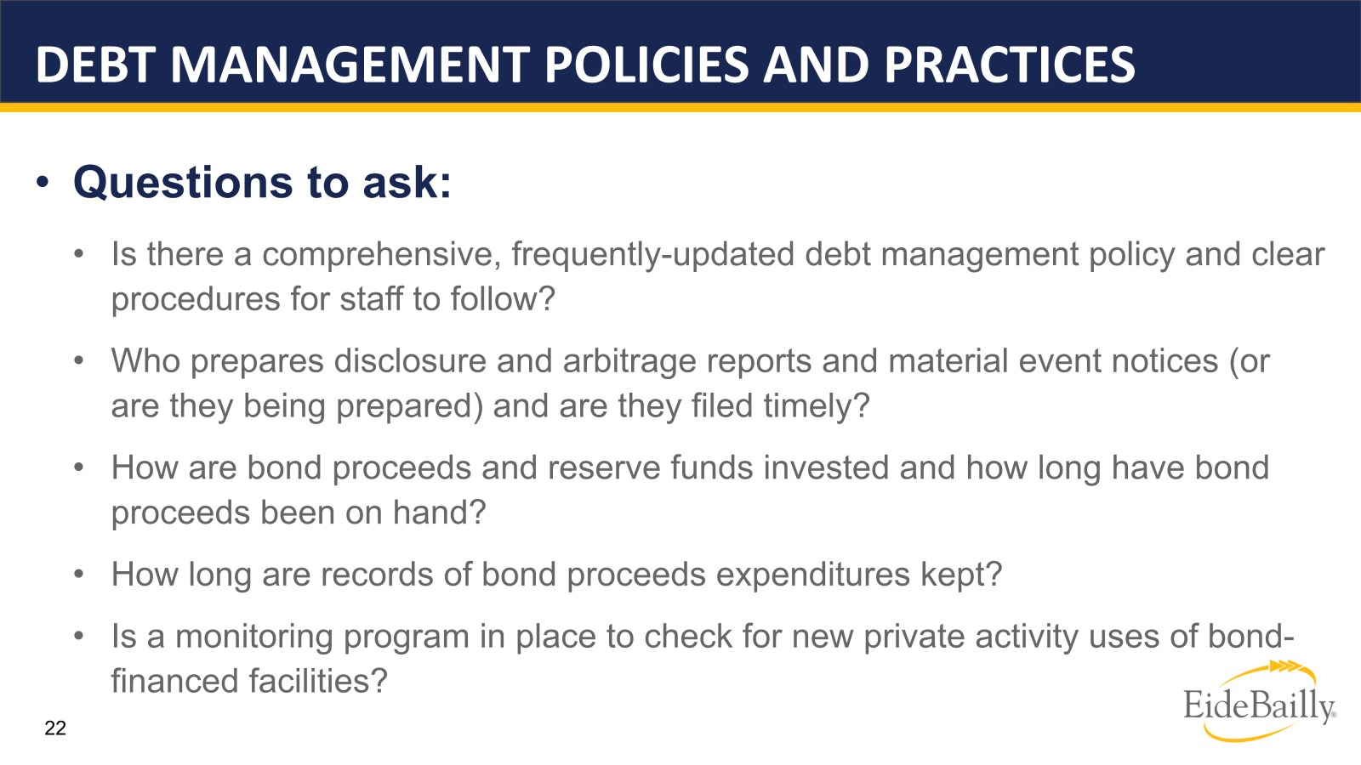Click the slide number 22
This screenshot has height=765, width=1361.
click(x=55, y=728)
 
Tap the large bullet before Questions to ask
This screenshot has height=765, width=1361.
click(x=43, y=183)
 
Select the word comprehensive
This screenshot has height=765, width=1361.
click(x=382, y=255)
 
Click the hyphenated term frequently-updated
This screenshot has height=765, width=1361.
click(x=652, y=255)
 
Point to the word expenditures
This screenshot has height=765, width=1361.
click(x=813, y=575)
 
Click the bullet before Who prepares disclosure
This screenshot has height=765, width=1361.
click(x=79, y=361)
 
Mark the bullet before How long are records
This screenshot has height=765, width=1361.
click(x=79, y=575)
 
